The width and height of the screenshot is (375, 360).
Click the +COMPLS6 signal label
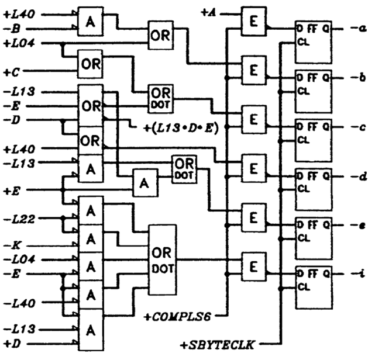pyautogui.click(x=177, y=317)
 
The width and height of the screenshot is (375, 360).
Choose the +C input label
pyautogui.click(x=11, y=72)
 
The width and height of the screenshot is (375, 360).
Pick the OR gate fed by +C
pyautogui.click(x=90, y=63)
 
